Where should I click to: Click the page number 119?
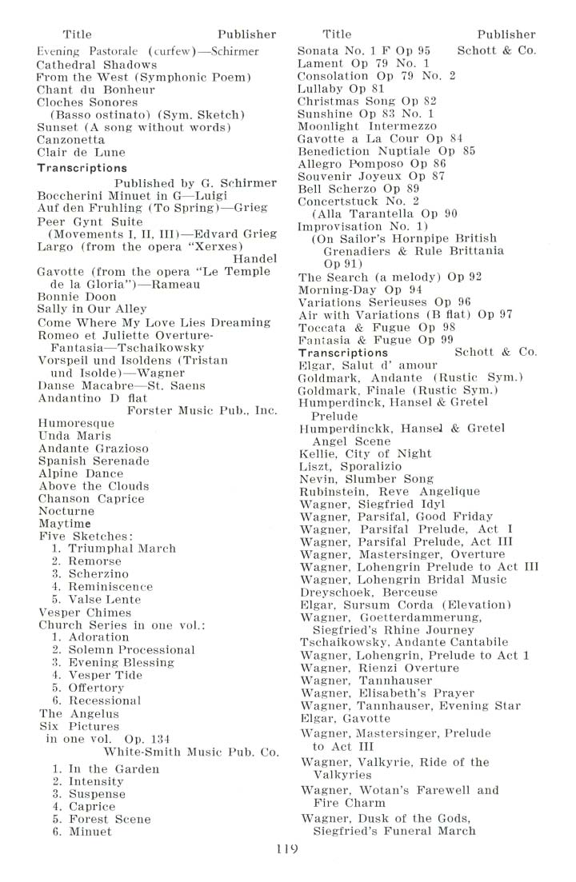(x=285, y=849)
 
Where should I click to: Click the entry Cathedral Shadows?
(x=97, y=64)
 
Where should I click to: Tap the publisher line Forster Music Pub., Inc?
(x=202, y=411)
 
